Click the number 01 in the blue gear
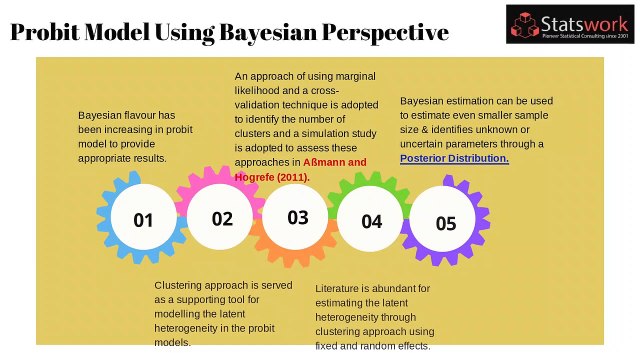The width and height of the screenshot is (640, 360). [x=144, y=220]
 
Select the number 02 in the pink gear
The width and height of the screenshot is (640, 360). [x=222, y=219]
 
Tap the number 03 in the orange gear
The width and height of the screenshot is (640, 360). [x=298, y=217]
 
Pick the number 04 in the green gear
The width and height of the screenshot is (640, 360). [x=372, y=221]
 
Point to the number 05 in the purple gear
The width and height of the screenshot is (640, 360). [x=446, y=223]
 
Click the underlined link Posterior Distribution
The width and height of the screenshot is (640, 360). [x=454, y=158]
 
